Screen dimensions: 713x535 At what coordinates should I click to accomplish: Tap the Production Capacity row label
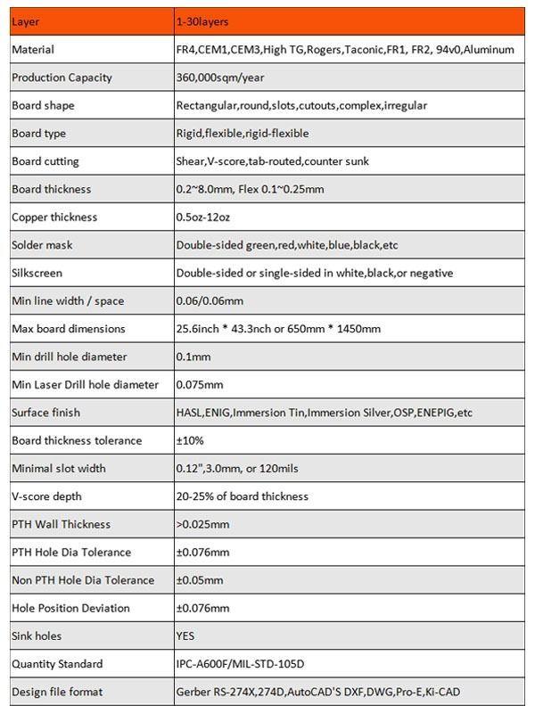tap(62, 78)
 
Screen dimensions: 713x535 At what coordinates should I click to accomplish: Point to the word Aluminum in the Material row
tap(489, 50)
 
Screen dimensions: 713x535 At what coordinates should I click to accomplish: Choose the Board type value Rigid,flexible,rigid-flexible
tap(245, 134)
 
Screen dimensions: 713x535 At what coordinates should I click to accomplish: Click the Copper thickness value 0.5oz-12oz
tap(208, 217)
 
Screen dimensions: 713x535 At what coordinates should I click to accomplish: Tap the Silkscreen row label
tap(37, 273)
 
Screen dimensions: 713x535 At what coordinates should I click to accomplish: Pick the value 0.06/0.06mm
tap(210, 301)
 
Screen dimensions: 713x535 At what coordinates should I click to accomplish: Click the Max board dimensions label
tap(69, 329)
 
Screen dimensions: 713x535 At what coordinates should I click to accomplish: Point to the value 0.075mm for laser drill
tap(199, 385)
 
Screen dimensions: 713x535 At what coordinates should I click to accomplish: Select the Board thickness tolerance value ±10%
tap(191, 440)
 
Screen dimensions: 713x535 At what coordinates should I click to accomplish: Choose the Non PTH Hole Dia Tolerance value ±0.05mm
tap(201, 580)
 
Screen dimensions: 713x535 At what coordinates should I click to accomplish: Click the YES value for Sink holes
tap(185, 636)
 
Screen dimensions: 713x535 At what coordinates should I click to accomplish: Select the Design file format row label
tap(57, 693)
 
